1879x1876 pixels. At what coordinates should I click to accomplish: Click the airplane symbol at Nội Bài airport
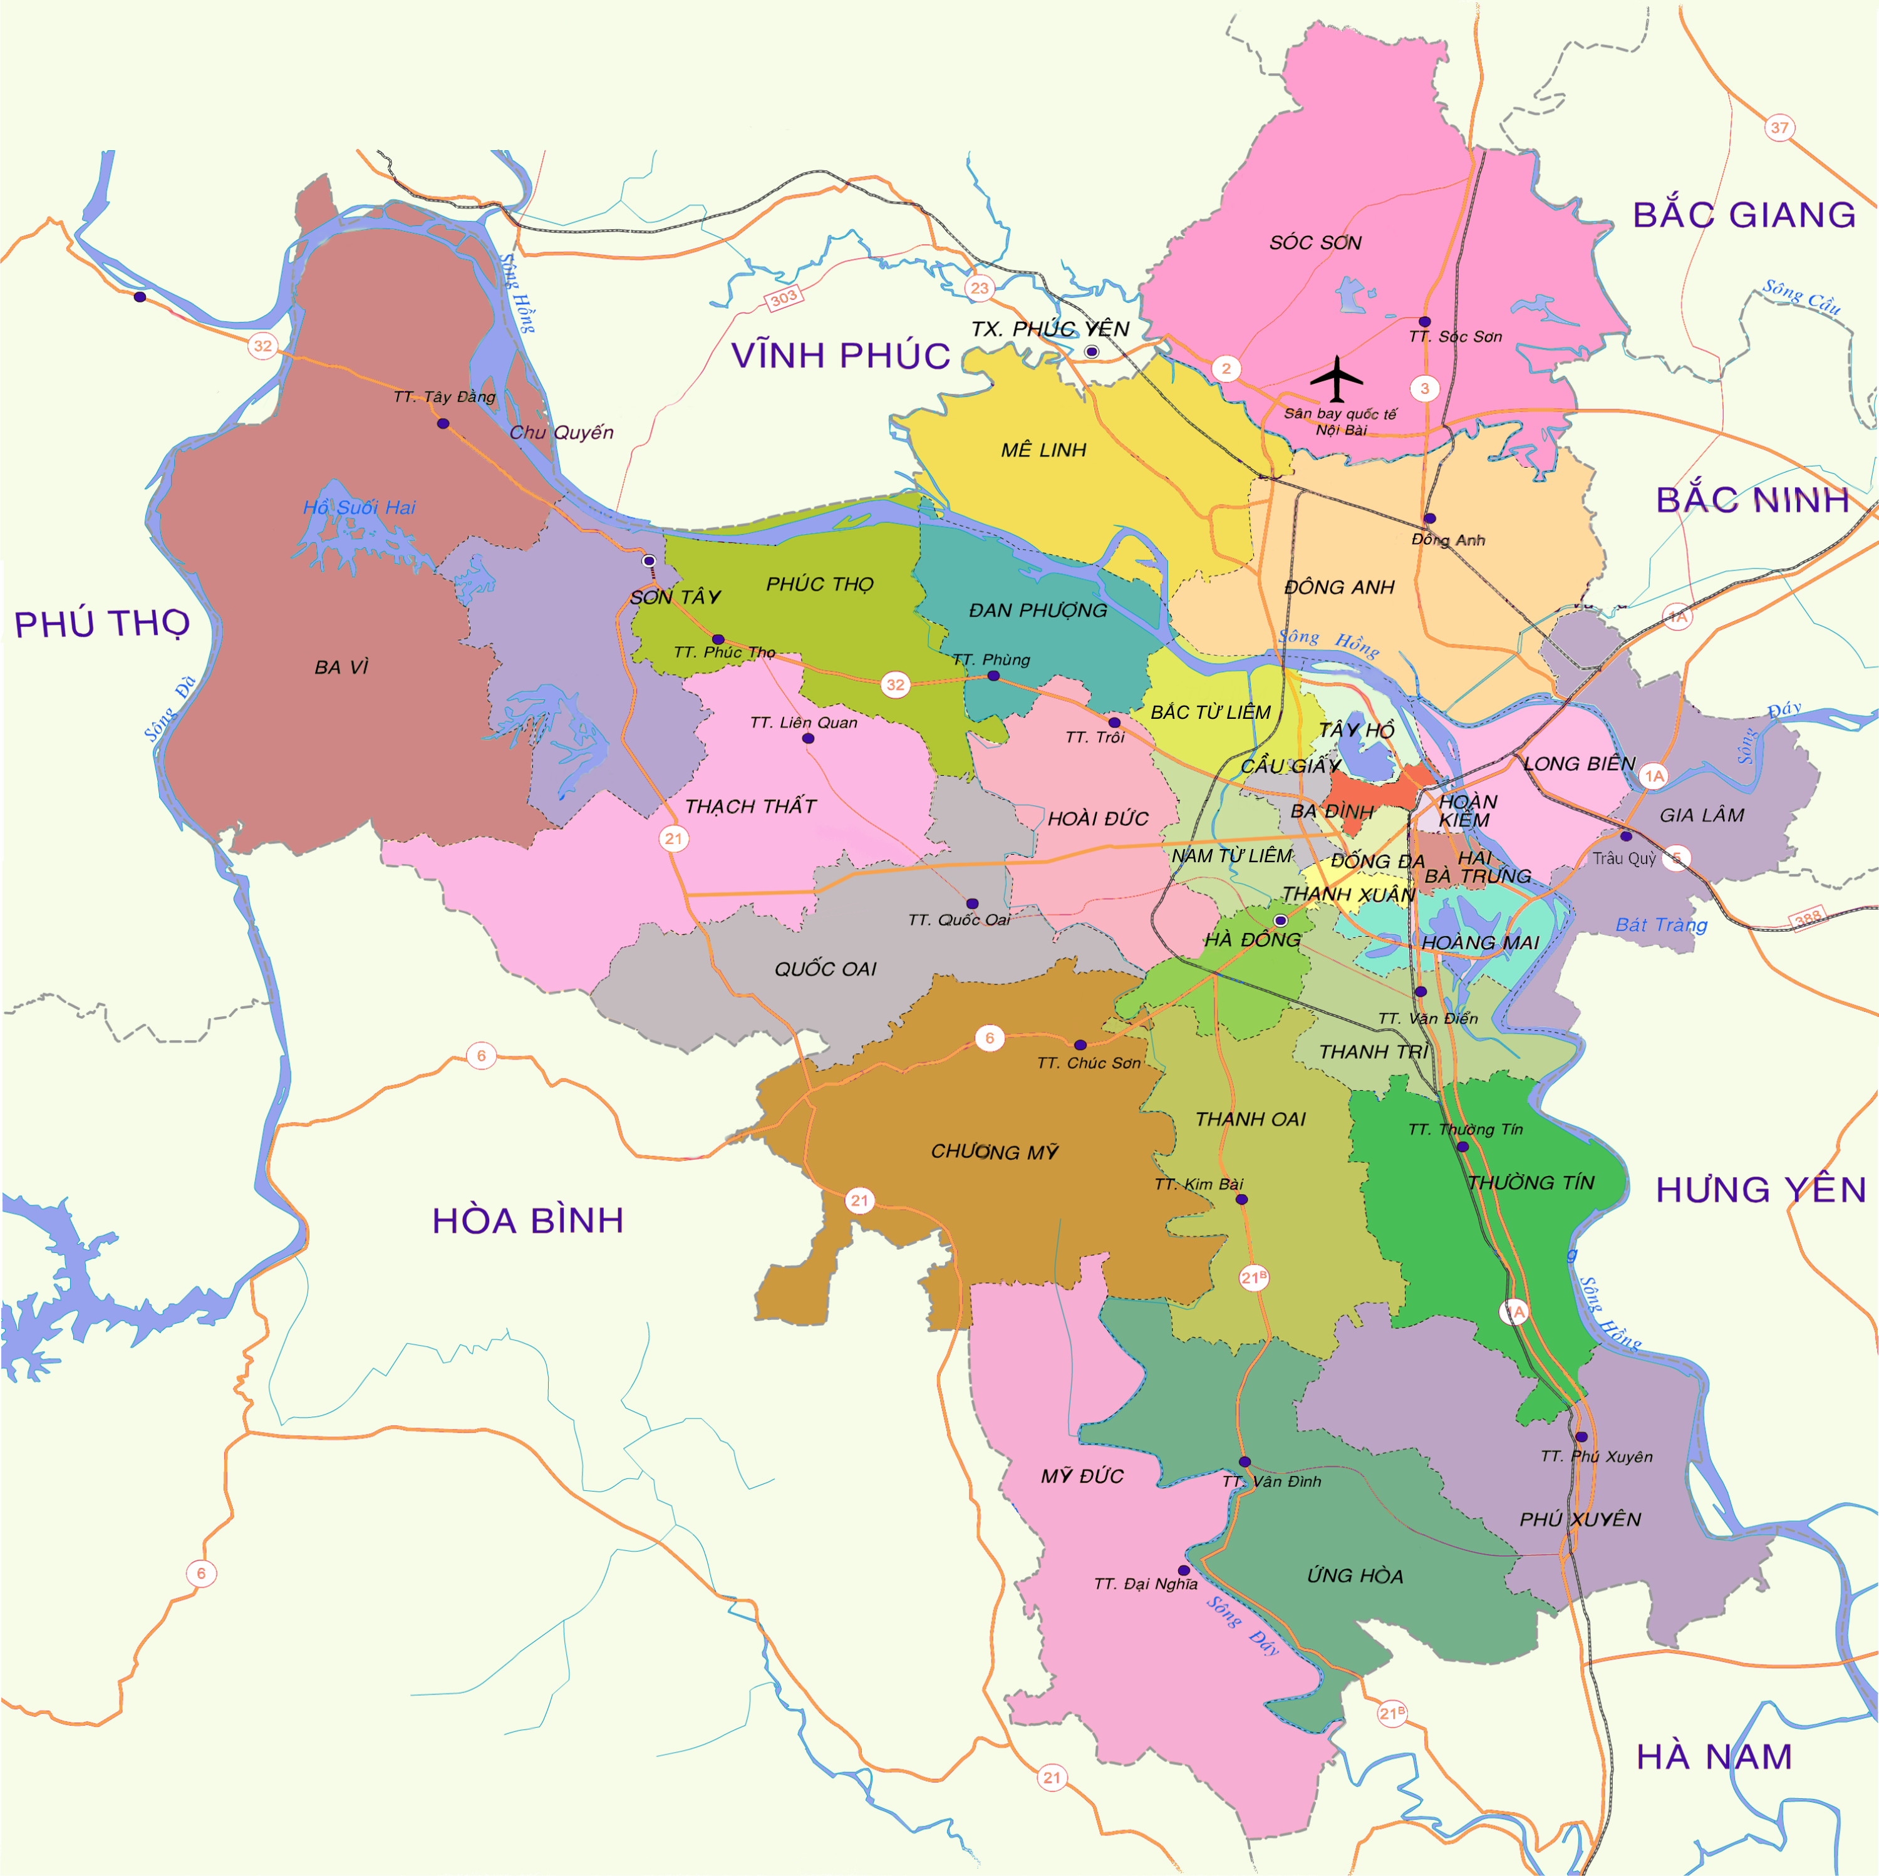pos(1337,378)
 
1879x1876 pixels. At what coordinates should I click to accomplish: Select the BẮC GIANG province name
pos(1744,215)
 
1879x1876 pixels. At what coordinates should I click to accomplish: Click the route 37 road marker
pos(1779,127)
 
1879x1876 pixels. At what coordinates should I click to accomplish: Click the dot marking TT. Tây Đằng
pos(443,423)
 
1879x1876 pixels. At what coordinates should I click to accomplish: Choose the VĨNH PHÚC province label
pos(841,356)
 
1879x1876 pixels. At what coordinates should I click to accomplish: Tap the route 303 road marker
pos(784,297)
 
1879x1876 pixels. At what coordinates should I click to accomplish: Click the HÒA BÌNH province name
pos(527,1220)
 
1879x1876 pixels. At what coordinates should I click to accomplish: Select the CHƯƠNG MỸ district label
pos(994,1152)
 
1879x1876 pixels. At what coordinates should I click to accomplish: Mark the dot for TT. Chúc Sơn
pos(1080,1044)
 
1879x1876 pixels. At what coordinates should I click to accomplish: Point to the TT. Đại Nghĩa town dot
pos(1184,1570)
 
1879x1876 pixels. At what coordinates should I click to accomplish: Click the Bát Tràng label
pos(1660,925)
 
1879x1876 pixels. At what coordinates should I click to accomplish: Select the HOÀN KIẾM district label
pos(1467,810)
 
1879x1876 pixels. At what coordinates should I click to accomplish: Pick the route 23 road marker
pos(980,288)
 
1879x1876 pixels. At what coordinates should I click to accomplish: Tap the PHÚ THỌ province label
pos(102,624)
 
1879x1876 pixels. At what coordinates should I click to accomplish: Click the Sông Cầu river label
pos(1801,297)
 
